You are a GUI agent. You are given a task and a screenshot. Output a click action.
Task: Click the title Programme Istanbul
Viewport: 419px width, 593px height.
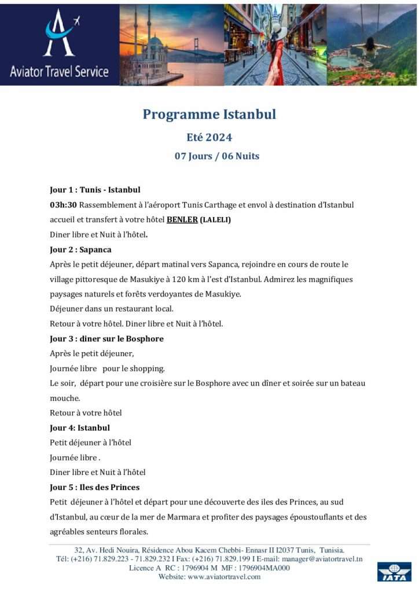209,114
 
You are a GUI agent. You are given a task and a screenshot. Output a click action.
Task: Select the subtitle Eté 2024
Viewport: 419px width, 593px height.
209,137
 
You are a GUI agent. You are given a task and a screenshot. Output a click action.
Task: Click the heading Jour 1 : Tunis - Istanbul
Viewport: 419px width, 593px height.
95,189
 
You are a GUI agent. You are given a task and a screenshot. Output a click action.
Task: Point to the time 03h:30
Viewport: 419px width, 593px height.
63,205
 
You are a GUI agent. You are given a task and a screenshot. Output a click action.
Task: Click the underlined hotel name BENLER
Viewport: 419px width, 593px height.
182,220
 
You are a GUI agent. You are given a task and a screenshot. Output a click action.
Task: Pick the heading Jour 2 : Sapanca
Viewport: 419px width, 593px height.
80,250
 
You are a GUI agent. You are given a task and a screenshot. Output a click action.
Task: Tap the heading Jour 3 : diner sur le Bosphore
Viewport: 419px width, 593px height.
106,339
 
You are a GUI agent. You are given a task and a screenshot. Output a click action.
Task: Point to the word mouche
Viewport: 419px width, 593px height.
65,398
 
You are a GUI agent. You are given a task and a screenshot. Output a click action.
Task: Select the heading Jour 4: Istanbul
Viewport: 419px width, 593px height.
80,428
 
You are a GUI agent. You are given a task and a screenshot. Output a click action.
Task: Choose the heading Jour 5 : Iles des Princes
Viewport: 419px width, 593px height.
94,487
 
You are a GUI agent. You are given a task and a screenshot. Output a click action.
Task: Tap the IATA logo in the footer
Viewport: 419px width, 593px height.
394,572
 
